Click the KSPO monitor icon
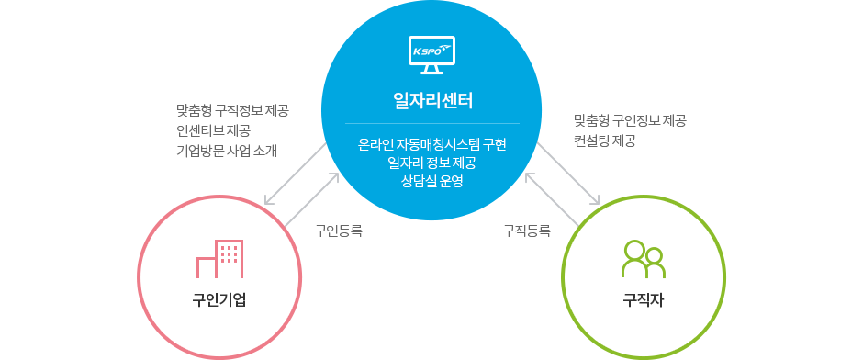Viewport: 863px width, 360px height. point(431,55)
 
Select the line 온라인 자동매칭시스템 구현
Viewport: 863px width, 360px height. point(431,145)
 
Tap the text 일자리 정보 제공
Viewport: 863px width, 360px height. point(431,163)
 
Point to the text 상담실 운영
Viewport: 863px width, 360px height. point(431,181)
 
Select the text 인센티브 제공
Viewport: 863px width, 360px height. point(215,130)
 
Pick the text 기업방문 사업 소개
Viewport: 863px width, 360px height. point(227,150)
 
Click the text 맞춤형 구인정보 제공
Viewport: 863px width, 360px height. point(630,120)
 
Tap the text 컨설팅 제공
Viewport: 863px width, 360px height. point(604,141)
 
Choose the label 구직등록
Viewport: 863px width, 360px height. point(526,231)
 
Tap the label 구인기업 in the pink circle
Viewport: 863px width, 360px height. point(219,300)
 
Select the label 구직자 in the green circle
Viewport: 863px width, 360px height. point(643,300)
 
